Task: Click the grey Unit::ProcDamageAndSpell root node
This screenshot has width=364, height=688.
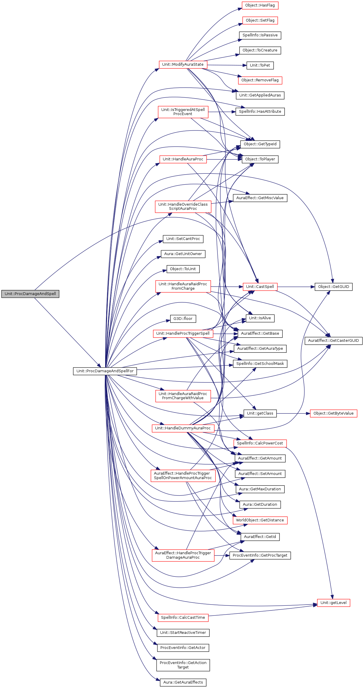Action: click(x=30, y=294)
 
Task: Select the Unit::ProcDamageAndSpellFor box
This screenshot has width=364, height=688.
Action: click(x=105, y=371)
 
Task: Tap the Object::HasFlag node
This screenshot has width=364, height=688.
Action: click(x=260, y=5)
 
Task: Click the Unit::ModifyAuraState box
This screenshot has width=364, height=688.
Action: click(x=183, y=65)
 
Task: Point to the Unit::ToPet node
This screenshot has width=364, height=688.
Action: click(x=260, y=65)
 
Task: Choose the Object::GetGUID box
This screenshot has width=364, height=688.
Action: click(x=333, y=287)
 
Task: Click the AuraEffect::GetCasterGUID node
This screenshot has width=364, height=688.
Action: click(x=333, y=341)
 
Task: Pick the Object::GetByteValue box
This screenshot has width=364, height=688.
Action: click(x=333, y=413)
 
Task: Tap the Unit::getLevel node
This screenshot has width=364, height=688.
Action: click(x=333, y=603)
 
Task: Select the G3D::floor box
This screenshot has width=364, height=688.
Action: click(x=183, y=319)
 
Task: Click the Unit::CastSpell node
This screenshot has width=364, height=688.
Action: click(x=260, y=287)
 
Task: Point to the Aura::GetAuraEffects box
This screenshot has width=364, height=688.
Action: click(x=183, y=682)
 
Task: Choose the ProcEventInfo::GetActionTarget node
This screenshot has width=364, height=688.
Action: click(x=183, y=665)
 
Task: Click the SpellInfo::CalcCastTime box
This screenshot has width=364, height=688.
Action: click(x=183, y=618)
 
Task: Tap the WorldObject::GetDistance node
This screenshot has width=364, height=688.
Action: click(x=260, y=520)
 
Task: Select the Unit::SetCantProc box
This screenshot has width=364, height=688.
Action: click(x=183, y=239)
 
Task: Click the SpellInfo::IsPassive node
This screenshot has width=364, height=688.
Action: click(x=260, y=35)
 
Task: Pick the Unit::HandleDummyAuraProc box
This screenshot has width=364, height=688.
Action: click(x=183, y=428)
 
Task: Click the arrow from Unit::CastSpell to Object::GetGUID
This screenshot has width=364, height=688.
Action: click(x=295, y=287)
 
